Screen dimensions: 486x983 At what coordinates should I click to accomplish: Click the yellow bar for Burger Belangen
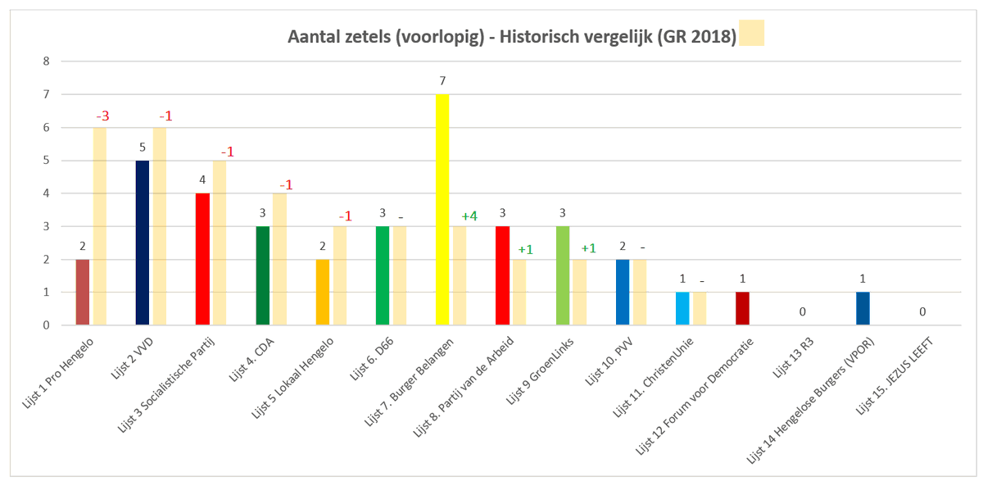point(442,210)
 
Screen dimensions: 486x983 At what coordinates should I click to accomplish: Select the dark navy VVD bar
point(143,243)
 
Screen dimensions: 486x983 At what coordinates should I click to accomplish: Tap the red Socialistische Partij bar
point(202,259)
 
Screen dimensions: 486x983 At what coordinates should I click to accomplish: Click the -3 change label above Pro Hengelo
point(102,116)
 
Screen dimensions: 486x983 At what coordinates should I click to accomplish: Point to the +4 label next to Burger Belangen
point(469,216)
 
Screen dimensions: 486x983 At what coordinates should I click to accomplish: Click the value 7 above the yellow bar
point(442,80)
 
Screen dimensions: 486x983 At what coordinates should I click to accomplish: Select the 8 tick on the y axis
point(47,61)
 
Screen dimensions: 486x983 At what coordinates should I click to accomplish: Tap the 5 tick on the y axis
point(47,161)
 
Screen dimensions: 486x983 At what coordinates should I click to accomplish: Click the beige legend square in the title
point(751,34)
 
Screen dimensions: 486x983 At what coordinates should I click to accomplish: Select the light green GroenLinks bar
point(563,275)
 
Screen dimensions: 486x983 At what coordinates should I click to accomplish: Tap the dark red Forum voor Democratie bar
point(742,308)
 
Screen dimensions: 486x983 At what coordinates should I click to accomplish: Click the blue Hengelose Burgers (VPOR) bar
point(862,308)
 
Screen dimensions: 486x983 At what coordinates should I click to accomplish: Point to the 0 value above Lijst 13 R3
point(803,312)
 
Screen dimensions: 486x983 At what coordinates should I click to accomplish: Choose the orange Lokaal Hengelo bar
point(323,292)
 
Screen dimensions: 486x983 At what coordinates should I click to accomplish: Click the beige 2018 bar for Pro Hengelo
point(99,226)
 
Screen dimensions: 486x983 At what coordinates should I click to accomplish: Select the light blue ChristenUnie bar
point(682,308)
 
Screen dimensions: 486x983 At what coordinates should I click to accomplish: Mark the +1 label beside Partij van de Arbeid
point(525,249)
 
